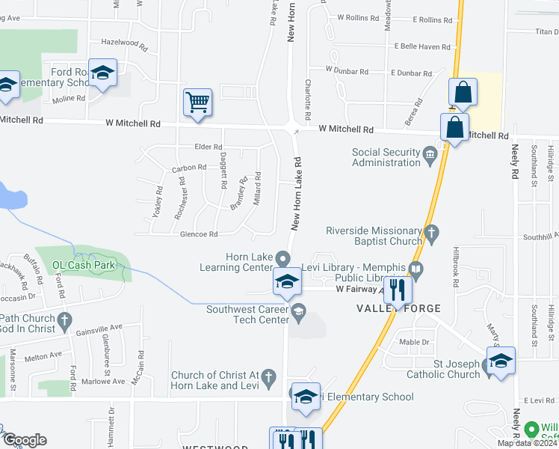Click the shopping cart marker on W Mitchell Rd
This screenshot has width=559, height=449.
tap(198, 101)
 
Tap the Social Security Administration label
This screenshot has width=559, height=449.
tap(387, 157)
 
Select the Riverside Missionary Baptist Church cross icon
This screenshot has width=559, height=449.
tap(430, 234)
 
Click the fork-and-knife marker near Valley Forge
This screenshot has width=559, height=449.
tap(398, 290)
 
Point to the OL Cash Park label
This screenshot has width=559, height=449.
tap(83, 265)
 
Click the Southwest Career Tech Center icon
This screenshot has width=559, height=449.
tap(298, 312)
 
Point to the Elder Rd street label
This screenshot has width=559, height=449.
tap(209, 147)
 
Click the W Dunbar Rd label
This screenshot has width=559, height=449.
tap(347, 71)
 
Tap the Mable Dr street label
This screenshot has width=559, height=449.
tap(415, 342)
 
